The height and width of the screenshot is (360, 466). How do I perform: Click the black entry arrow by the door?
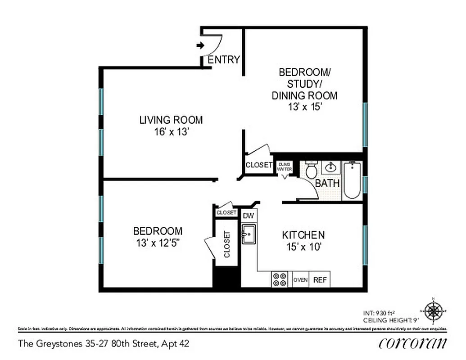200,45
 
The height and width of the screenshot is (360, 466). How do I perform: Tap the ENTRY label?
224,60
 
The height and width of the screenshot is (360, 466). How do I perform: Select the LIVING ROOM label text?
171,120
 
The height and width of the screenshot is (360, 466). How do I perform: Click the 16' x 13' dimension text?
171,132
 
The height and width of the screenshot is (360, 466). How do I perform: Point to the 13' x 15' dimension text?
304,107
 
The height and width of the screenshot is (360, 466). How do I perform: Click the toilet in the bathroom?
311,170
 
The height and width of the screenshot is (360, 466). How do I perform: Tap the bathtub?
352,180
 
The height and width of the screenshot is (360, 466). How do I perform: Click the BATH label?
327,184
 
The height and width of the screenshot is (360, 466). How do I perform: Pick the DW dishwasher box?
249,216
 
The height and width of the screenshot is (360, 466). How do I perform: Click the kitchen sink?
249,234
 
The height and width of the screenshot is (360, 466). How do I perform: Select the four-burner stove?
280,279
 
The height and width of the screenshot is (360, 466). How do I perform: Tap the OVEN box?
301,279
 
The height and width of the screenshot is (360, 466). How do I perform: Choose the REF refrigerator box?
320,279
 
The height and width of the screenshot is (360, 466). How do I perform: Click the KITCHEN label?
303,235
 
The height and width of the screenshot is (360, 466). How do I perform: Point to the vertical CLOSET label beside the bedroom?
227,244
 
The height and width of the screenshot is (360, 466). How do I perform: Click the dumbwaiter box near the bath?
285,166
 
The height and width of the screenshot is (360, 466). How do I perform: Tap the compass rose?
433,311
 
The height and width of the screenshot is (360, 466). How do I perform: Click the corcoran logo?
413,343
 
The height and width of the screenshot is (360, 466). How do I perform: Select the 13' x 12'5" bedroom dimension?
158,243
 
